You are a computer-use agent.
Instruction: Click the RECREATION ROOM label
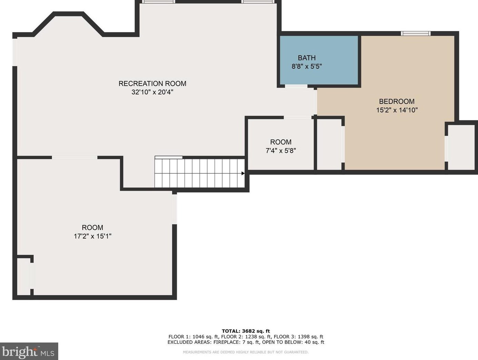point(152,83)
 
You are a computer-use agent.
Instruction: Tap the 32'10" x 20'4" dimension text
point(152,92)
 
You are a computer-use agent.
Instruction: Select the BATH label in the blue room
point(307,58)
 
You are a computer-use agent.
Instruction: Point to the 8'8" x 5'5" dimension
point(307,67)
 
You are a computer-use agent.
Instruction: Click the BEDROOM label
point(397,101)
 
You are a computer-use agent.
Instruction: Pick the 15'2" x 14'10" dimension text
point(397,110)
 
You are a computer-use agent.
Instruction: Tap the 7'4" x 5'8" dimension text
point(281,151)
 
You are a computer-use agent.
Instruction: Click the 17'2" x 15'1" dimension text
point(92,236)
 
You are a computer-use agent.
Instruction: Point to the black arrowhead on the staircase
point(243,173)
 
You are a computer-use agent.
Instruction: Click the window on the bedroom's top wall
point(416,33)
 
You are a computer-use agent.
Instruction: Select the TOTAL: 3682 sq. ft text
point(246,331)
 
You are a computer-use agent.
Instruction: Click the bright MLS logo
point(29,351)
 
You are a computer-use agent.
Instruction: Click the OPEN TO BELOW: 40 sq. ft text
point(293,342)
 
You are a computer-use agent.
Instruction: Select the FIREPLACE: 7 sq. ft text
point(236,342)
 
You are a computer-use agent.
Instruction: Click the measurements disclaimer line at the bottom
point(246,352)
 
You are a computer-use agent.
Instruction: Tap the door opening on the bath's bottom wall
point(296,86)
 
